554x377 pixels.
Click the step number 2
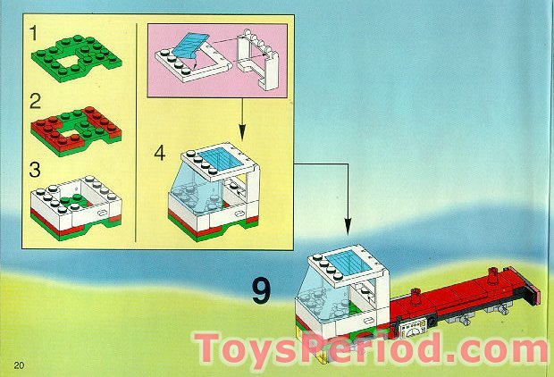point(34,98)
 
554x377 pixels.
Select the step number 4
point(159,154)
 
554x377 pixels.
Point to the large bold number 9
point(260,290)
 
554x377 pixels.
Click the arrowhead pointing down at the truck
point(347,233)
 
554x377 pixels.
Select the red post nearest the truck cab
point(415,295)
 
